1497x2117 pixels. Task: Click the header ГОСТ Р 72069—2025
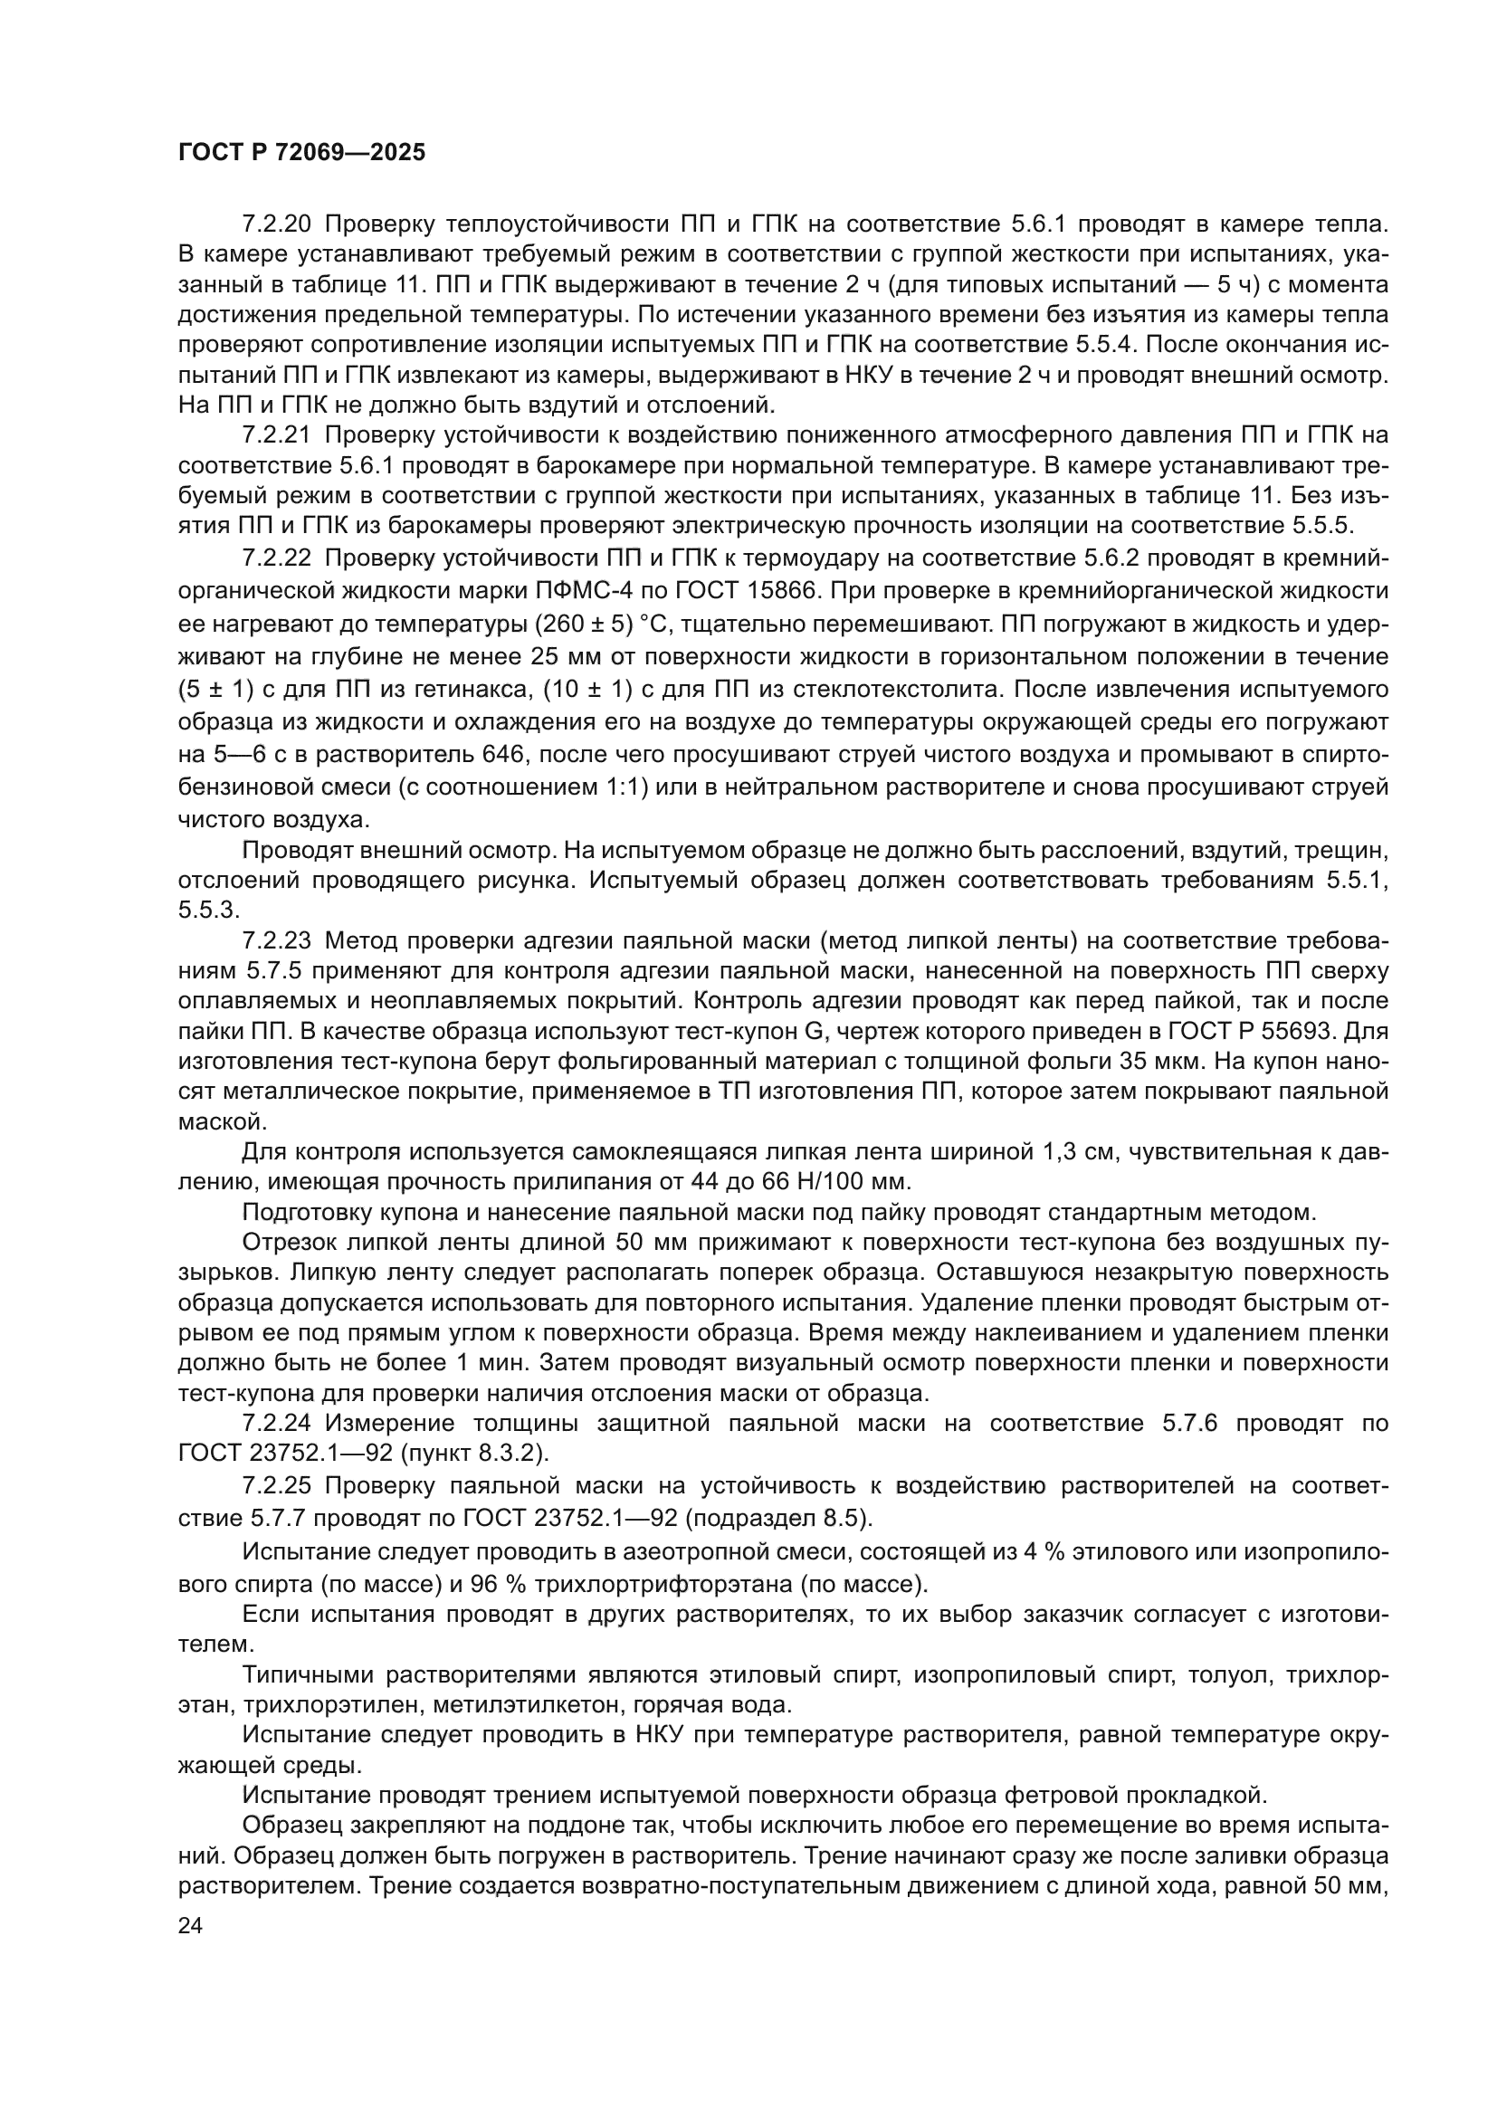(x=301, y=153)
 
